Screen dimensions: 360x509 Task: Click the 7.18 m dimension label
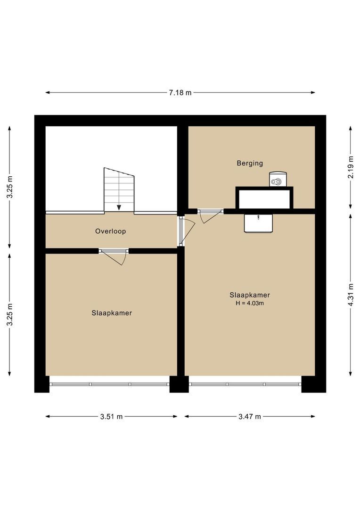coord(180,92)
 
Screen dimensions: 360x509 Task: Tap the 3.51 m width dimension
coord(111,417)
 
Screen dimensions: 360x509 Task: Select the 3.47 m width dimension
coord(250,417)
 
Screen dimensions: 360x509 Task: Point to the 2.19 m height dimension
coord(351,167)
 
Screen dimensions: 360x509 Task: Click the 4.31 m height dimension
coord(351,295)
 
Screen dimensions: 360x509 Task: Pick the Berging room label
coord(250,163)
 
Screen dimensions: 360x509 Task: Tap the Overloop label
coord(110,231)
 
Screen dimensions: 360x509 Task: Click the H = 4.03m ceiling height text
coord(250,303)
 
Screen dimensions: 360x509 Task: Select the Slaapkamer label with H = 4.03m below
coord(250,295)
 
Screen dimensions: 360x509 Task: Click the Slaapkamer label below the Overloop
coord(112,313)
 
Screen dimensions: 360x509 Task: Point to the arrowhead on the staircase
coord(119,208)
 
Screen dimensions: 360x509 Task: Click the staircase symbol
coord(119,189)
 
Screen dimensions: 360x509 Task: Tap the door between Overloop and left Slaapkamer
coord(114,256)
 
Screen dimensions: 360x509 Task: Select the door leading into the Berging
coord(211,215)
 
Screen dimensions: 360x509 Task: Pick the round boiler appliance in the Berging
coord(278,179)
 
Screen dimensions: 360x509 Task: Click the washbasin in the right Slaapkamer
coord(258,223)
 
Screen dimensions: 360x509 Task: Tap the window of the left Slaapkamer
coord(109,384)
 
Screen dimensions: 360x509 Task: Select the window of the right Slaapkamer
coord(245,384)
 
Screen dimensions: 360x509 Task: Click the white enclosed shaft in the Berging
coord(264,199)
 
